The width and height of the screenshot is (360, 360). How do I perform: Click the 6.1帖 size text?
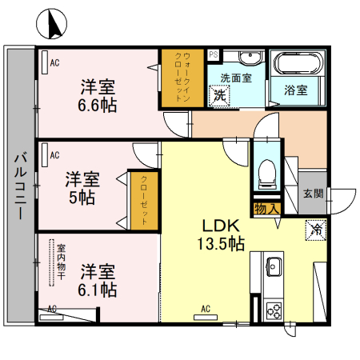[98, 287]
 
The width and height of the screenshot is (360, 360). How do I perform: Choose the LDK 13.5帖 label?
[222, 235]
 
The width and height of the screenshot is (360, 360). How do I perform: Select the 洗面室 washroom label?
[237, 78]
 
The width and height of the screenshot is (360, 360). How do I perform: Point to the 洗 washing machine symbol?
[219, 95]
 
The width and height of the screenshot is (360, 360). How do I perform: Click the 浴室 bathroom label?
[295, 90]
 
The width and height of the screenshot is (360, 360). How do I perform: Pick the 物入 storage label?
[266, 209]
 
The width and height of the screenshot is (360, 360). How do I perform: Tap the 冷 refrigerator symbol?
[314, 230]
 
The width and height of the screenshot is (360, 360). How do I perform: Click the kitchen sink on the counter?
[271, 265]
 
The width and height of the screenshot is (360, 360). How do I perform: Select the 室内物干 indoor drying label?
[58, 262]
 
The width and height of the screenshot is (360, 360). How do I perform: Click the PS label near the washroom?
[213, 54]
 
